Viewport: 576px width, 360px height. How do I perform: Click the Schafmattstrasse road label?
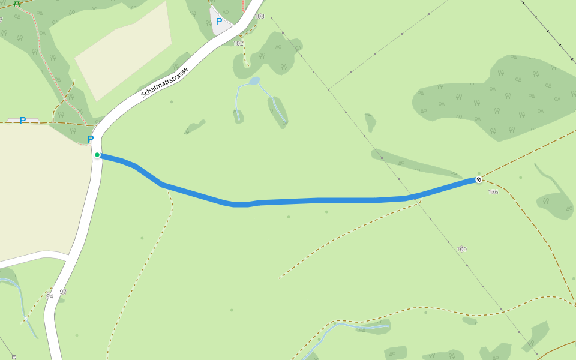pos(164,82)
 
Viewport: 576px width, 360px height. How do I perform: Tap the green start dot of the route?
pos(97,155)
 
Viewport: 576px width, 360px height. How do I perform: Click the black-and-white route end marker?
pos(479,179)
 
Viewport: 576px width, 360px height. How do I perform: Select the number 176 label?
pos(493,192)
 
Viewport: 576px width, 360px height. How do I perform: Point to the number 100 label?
pos(461,249)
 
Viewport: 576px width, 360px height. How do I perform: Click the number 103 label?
pos(259,16)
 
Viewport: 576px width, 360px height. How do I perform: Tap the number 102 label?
pos(238,43)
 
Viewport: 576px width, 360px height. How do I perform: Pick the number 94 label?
pos(49,296)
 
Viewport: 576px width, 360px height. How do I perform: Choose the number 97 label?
pos(63,292)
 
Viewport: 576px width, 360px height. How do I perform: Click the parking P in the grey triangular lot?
pos(219,22)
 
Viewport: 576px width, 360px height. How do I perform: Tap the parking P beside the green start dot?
pos(91,139)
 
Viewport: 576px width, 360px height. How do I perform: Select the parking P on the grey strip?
pos(23,121)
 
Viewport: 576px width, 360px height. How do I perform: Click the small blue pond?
pos(254,80)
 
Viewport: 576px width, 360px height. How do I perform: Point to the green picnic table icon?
pos(17,2)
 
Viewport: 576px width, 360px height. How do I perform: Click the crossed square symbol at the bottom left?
pos(14,357)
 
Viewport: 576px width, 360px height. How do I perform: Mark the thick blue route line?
pos(318,200)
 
